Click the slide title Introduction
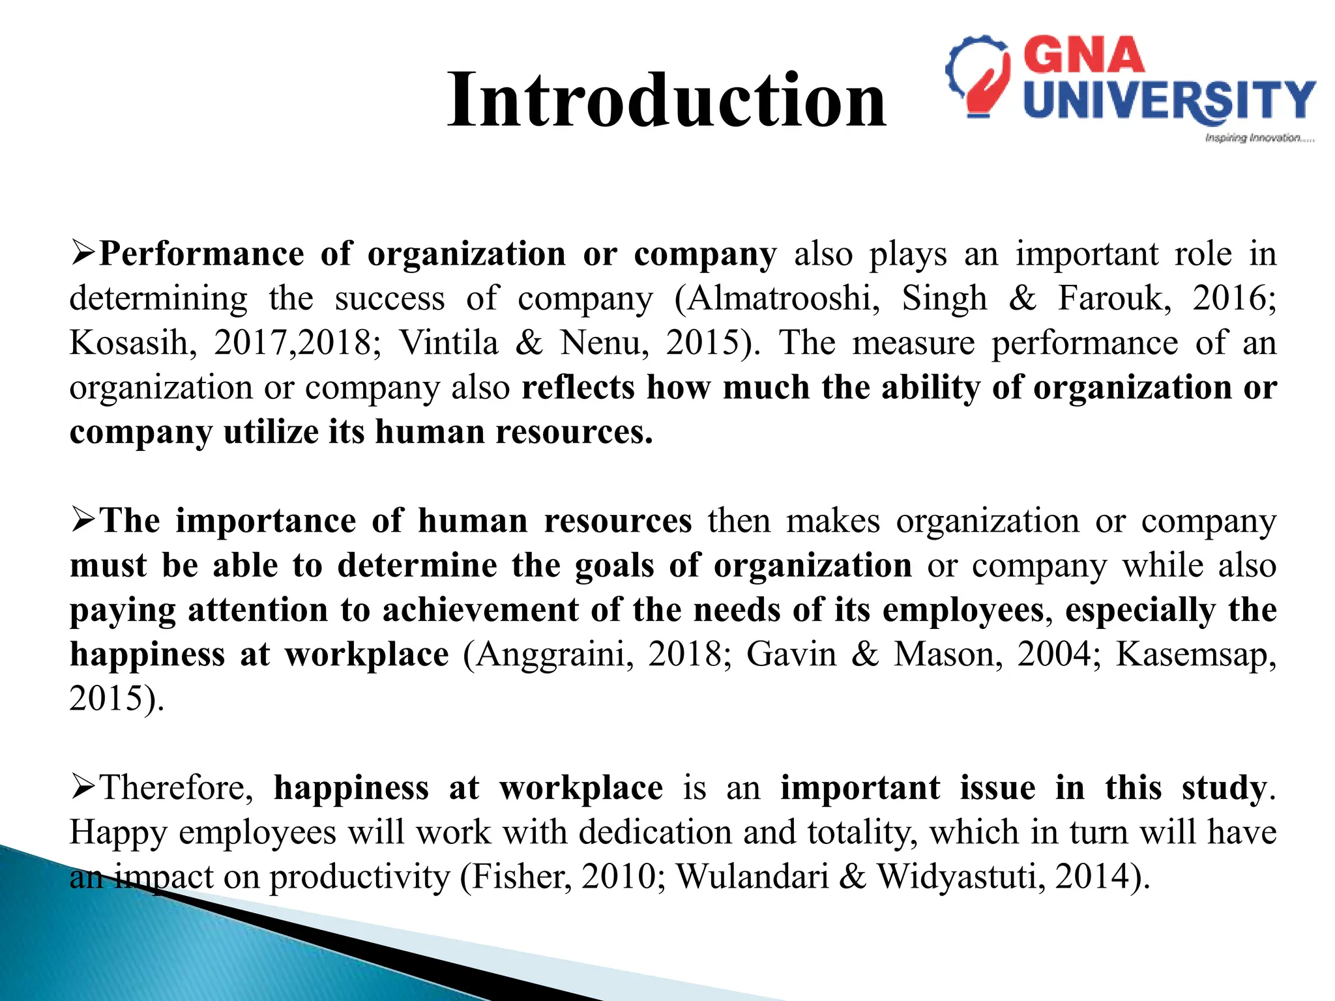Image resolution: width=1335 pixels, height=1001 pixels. pyautogui.click(x=666, y=100)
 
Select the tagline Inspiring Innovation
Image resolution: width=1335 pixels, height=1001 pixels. pyautogui.click(x=1259, y=138)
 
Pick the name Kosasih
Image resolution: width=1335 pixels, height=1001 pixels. pyautogui.click(x=129, y=343)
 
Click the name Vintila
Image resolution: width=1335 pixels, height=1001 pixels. pyautogui.click(x=448, y=343)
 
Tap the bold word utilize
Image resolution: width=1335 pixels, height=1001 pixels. pyautogui.click(x=270, y=432)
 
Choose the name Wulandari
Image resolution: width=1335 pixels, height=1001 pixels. pyautogui.click(x=752, y=877)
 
